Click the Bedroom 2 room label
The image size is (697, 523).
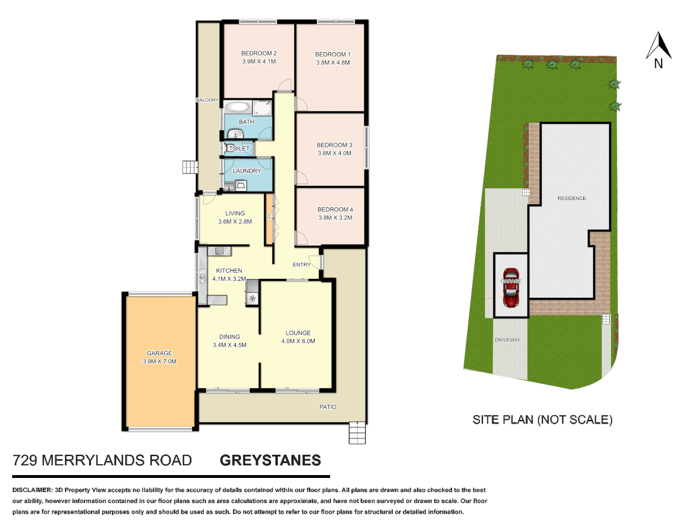[x=259, y=53]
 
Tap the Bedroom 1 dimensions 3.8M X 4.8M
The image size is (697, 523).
[x=333, y=62]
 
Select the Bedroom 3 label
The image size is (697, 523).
[x=334, y=145]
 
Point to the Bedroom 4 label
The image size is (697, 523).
[x=335, y=209]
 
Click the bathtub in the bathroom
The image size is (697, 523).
[x=238, y=107]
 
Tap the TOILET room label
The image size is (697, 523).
[x=239, y=149]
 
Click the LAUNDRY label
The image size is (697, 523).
[x=247, y=171]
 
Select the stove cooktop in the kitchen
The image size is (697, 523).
[x=219, y=251]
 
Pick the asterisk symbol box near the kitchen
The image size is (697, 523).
[x=252, y=299]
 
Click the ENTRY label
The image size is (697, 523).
[x=302, y=264]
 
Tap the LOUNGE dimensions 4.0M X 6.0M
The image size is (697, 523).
[x=298, y=341]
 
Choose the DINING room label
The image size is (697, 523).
[x=229, y=337]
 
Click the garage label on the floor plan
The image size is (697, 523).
[x=159, y=353]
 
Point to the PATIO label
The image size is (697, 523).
[x=328, y=407]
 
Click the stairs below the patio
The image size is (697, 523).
[x=357, y=433]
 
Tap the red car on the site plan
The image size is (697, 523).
[x=511, y=288]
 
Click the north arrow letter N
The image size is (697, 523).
[x=658, y=63]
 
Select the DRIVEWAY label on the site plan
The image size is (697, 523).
[x=507, y=340]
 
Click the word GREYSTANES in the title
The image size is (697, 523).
[x=270, y=460]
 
